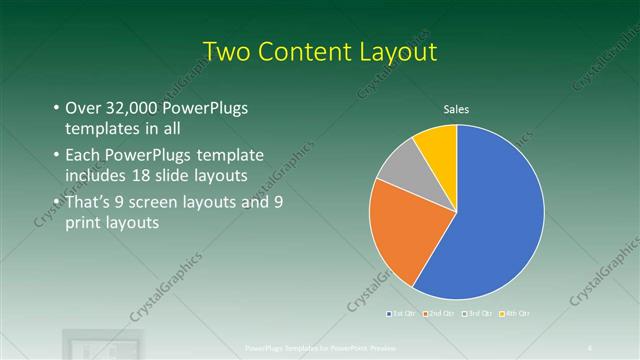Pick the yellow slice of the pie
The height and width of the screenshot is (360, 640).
[438, 143]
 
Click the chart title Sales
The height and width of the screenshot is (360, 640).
[456, 109]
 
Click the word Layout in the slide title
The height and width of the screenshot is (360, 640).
[396, 50]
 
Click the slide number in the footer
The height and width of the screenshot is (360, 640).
[590, 348]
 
